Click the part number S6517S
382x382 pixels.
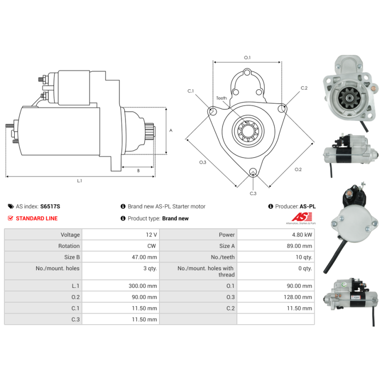(50, 206)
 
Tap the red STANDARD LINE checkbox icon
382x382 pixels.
(11, 218)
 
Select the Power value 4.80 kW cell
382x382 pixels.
(276, 234)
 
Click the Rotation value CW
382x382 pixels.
(151, 246)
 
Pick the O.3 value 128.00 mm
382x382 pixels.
(297, 297)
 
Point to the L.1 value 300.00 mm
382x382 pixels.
(143, 286)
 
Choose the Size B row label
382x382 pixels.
(72, 257)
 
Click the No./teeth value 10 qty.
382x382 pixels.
(304, 257)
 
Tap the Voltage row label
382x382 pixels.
(70, 234)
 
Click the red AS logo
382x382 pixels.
(302, 217)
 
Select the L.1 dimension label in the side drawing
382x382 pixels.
(80, 181)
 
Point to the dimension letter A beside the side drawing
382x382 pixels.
(171, 130)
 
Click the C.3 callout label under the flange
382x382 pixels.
(253, 193)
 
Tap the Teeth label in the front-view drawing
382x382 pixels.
(222, 98)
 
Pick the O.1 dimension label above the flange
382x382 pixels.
(247, 57)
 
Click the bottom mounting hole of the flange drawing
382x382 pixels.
(253, 171)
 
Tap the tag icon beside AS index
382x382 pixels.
(11, 206)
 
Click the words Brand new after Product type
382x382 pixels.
(175, 218)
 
